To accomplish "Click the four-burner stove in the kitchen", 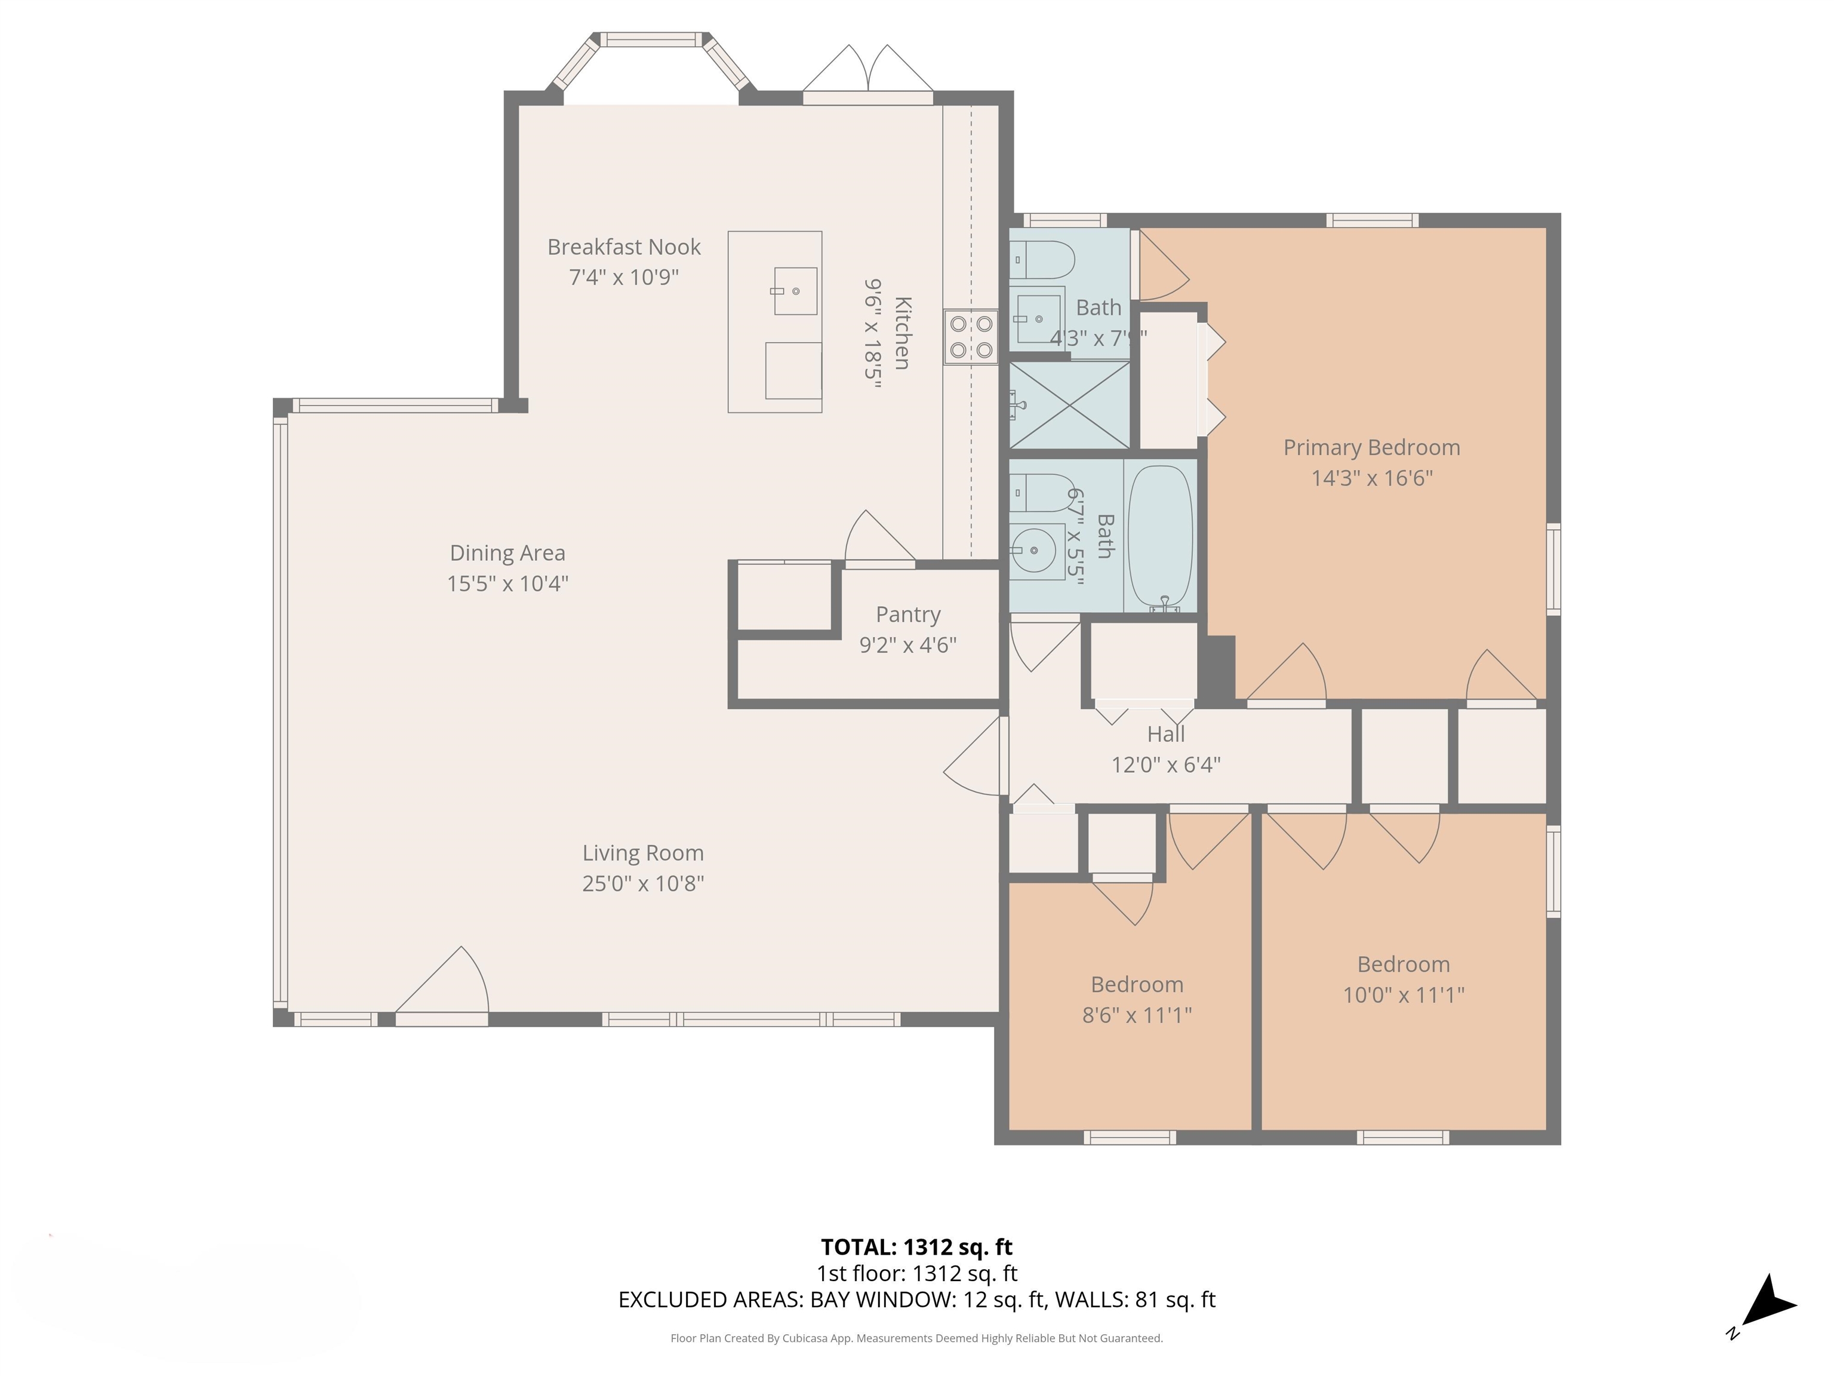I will (x=971, y=337).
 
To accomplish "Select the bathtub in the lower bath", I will (x=1160, y=537).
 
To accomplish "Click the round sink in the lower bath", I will (x=1034, y=550).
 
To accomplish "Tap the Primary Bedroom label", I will (x=1371, y=448).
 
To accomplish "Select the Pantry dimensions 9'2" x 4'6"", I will (x=908, y=645).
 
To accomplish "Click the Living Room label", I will (x=642, y=853).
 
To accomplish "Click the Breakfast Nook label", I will (x=623, y=247).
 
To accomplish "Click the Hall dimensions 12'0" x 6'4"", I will (x=1166, y=764).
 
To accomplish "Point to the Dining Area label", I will (x=507, y=553).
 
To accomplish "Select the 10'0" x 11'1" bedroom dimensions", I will (x=1403, y=994).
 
